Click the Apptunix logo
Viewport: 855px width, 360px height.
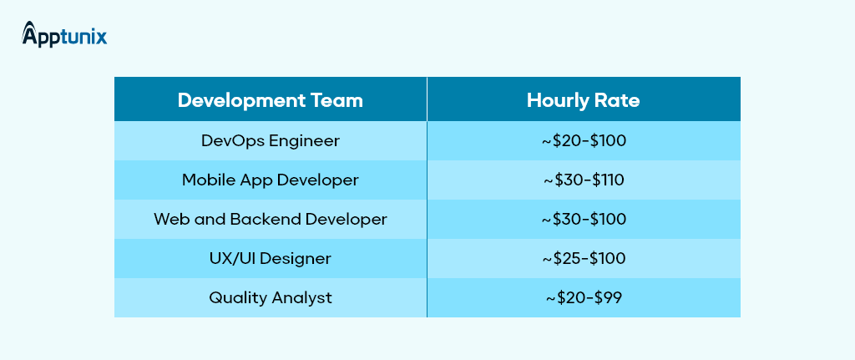point(64,34)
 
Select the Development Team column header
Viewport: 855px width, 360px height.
point(270,100)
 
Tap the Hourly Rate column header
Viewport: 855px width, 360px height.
point(583,100)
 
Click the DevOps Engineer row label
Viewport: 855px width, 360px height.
point(271,140)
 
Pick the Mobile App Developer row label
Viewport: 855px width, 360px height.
point(271,180)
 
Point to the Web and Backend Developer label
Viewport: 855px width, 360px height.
point(271,220)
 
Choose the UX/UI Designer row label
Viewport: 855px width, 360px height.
point(271,258)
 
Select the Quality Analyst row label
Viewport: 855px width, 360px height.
point(271,298)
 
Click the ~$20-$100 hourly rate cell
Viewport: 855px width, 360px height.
point(584,140)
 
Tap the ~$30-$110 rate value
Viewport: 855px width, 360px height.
point(584,180)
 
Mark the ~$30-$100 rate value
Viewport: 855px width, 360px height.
point(584,220)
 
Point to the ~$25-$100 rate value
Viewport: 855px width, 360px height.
point(584,259)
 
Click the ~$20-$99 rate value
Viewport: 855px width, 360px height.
point(584,298)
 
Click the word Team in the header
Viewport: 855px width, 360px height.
point(338,100)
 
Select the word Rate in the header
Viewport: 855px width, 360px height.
point(616,100)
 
